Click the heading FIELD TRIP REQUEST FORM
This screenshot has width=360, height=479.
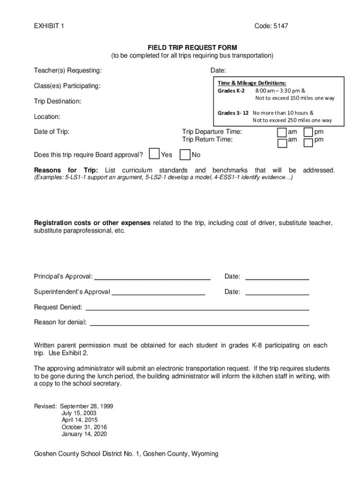(x=192, y=48)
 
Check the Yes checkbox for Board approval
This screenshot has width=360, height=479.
(x=154, y=154)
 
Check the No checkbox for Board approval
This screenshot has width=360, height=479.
(x=185, y=154)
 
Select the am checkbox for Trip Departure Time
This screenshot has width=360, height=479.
(x=282, y=133)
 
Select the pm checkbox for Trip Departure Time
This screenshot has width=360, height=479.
(x=309, y=133)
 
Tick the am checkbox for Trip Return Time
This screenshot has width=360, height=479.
(x=282, y=143)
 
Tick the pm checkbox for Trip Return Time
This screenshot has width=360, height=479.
(x=309, y=143)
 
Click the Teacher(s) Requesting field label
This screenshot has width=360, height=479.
(x=68, y=71)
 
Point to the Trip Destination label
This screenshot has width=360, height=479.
(x=58, y=101)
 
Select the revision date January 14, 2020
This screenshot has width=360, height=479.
(x=84, y=434)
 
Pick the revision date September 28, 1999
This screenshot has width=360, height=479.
(x=86, y=406)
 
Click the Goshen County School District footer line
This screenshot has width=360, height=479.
(x=126, y=454)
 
